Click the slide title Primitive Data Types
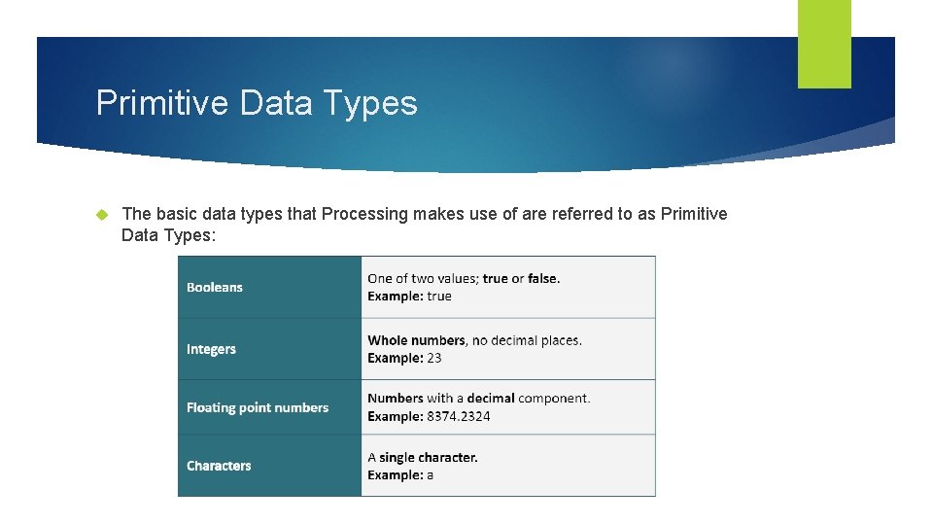click(257, 102)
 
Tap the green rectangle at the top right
click(824, 43)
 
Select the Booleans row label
click(215, 288)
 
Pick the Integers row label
click(211, 349)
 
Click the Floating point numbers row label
click(258, 408)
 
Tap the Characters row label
click(219, 466)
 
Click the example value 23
click(433, 358)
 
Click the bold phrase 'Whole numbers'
click(416, 340)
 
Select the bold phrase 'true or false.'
click(521, 279)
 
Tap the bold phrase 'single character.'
click(429, 457)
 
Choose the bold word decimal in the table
click(491, 399)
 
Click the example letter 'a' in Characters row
click(430, 474)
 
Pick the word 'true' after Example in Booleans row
click(439, 297)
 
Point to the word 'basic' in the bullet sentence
click(174, 214)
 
